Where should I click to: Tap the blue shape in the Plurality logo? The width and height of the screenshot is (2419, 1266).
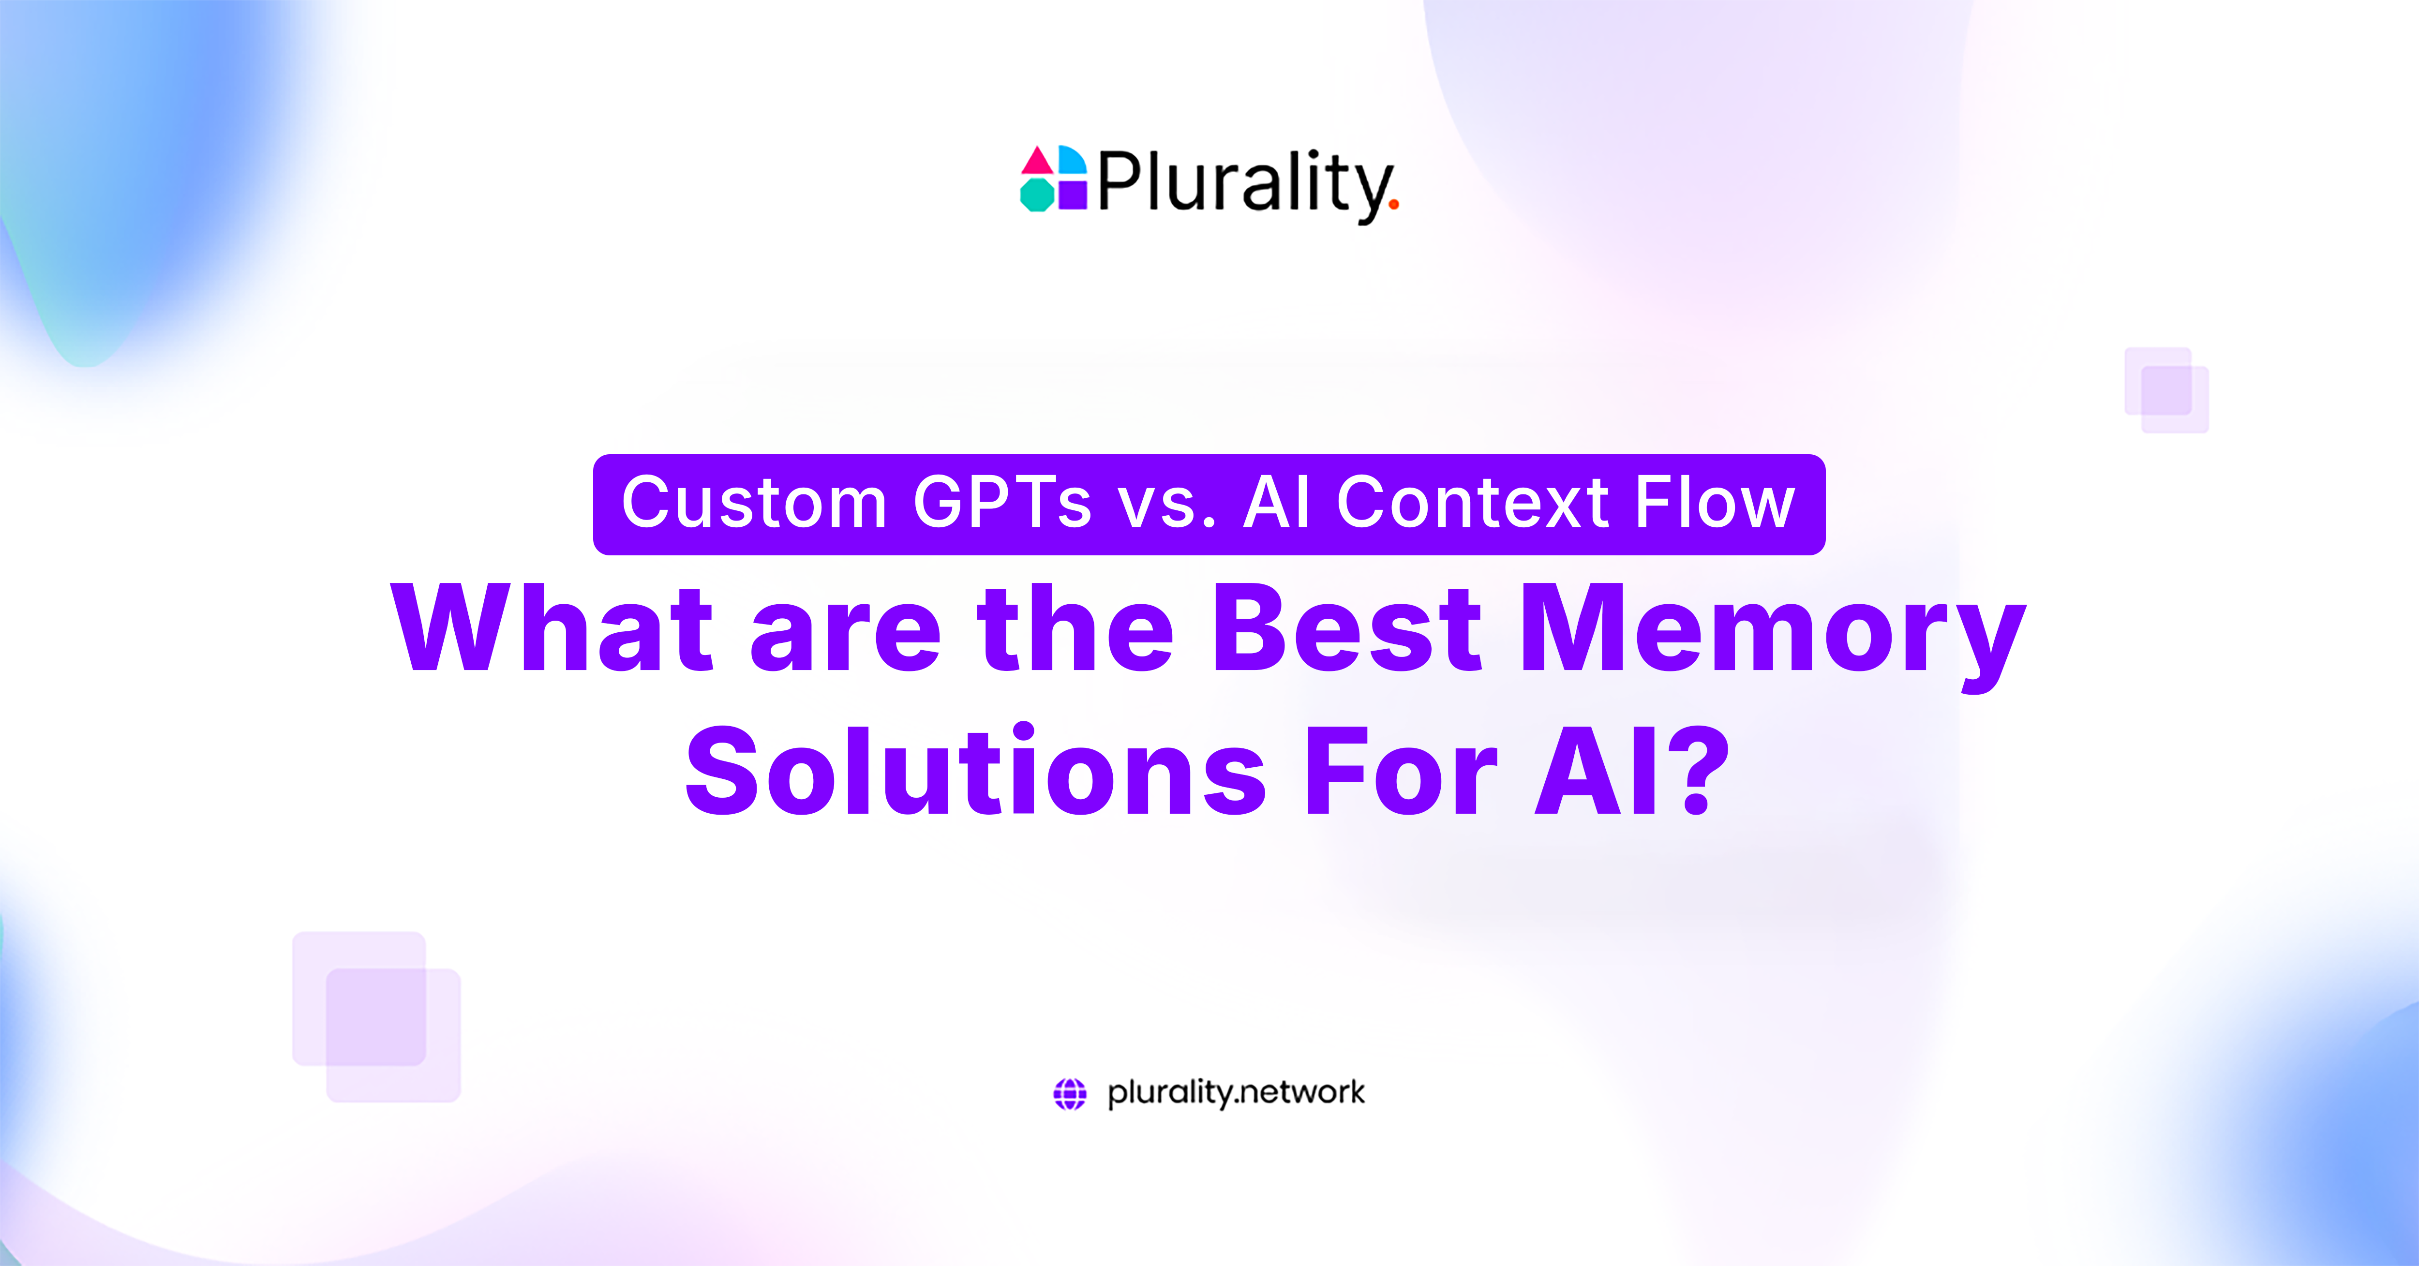coord(1072,161)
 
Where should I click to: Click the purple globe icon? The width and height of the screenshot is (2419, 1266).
coord(1070,1093)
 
